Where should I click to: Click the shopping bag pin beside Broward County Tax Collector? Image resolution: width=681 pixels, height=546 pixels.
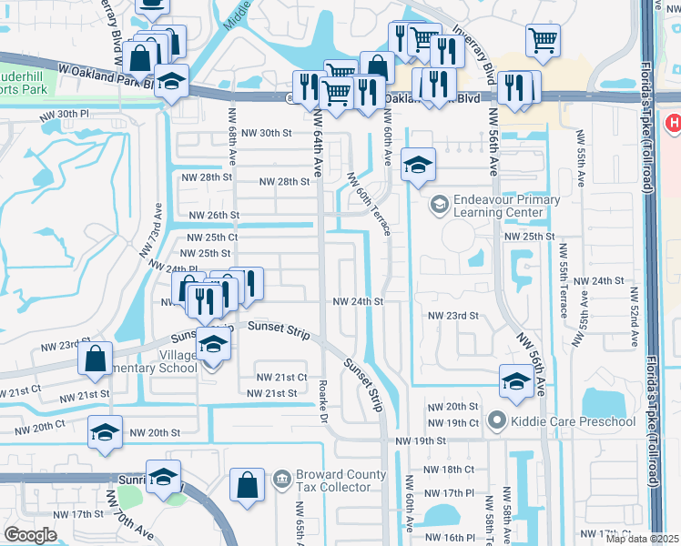point(247,484)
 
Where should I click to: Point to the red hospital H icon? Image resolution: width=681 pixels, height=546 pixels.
point(674,123)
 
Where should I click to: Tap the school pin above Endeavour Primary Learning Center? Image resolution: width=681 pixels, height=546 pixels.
point(418,164)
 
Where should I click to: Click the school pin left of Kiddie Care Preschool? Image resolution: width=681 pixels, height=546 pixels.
point(515,380)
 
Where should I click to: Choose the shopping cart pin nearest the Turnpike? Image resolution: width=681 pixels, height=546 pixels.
point(543,39)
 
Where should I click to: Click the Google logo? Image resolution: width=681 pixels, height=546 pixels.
point(30,535)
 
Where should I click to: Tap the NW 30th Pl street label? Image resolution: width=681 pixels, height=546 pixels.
point(64,115)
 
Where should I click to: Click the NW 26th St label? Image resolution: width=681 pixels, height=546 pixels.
point(216,216)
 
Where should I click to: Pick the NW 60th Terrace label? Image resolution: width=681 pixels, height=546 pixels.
point(369,205)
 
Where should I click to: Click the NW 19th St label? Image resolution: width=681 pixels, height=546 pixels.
point(419,440)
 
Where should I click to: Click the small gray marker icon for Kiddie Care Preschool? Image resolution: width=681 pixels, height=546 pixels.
point(496,420)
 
